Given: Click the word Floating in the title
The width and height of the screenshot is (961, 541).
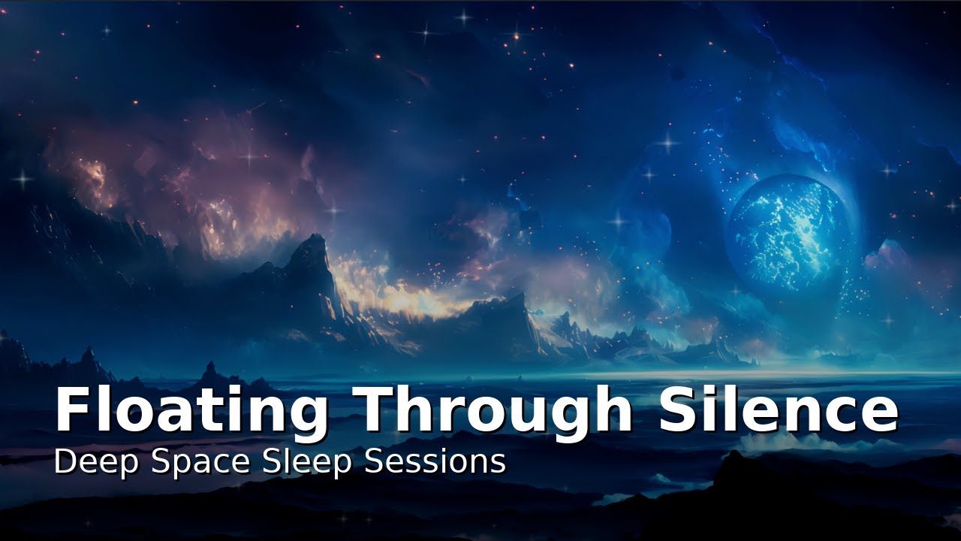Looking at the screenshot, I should [x=191, y=410].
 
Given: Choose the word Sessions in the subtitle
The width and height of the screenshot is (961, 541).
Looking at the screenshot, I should [x=435, y=461].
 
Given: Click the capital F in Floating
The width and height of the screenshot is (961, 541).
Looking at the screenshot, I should [x=72, y=410].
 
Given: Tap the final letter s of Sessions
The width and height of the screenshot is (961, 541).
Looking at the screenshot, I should [x=499, y=464].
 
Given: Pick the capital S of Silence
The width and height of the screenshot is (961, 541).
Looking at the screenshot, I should [x=680, y=410].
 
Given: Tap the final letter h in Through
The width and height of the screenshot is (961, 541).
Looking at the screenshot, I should [x=613, y=410].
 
